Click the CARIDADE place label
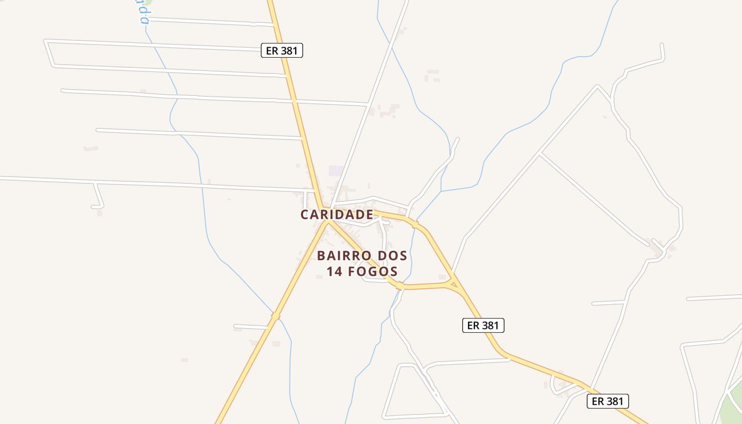(x=337, y=215)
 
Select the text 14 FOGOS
(x=362, y=272)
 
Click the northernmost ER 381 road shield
(x=282, y=50)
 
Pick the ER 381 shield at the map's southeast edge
(x=607, y=401)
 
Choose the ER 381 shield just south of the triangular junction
(x=483, y=325)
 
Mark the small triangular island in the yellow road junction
(x=453, y=285)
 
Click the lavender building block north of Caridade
(x=336, y=171)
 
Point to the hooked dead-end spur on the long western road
(x=99, y=199)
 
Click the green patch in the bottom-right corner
(x=729, y=408)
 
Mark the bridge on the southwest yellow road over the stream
(x=275, y=316)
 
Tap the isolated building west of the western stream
(x=91, y=148)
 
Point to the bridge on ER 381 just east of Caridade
(x=415, y=224)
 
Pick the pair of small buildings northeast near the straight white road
(x=432, y=75)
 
